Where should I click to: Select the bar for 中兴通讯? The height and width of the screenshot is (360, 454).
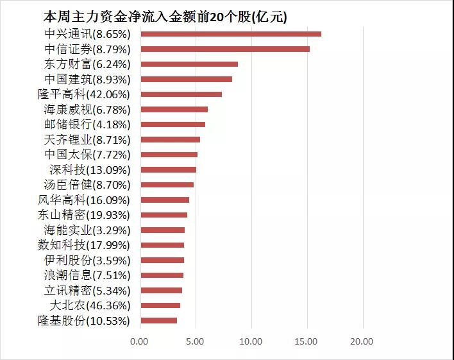(x=230, y=34)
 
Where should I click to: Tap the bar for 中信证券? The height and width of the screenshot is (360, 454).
(x=224, y=49)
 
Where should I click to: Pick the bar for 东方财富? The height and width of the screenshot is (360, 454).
(x=189, y=64)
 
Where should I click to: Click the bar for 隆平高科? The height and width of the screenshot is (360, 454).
(x=181, y=94)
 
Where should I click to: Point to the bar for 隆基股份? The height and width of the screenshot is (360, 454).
(x=158, y=320)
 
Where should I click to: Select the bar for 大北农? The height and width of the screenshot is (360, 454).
(x=160, y=305)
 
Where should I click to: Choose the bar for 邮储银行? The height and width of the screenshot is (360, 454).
(x=172, y=124)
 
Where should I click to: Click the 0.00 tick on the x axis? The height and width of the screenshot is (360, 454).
(x=139, y=341)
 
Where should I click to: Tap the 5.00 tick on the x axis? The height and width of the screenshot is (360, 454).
(x=195, y=341)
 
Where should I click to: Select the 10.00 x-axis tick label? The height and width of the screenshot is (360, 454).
(x=251, y=341)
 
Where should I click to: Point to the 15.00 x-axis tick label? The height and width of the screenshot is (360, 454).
(x=307, y=341)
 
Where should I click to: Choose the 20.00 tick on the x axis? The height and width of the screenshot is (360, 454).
(x=362, y=341)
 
